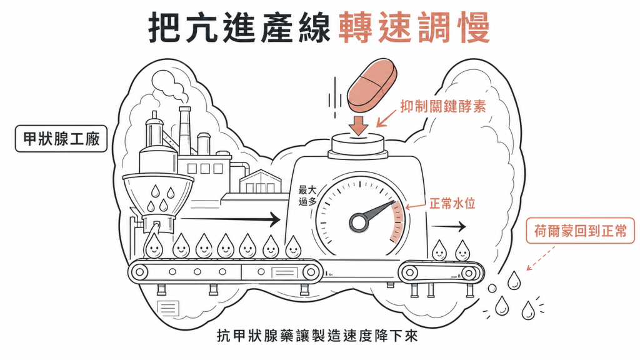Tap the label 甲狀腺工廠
[61, 139]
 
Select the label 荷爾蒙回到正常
[580, 231]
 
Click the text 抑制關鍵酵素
[443, 106]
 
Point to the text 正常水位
[452, 203]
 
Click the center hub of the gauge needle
[359, 222]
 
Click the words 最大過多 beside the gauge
[307, 196]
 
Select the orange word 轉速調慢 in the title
[414, 27]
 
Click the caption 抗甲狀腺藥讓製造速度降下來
[317, 336]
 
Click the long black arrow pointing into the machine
[231, 220]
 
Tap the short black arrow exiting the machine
[449, 226]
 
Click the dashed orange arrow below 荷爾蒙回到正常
[541, 258]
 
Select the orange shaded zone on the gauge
[397, 222]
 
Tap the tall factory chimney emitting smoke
[184, 131]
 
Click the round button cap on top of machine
[357, 145]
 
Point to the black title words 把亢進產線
[239, 27]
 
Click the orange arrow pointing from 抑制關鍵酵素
[386, 118]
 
